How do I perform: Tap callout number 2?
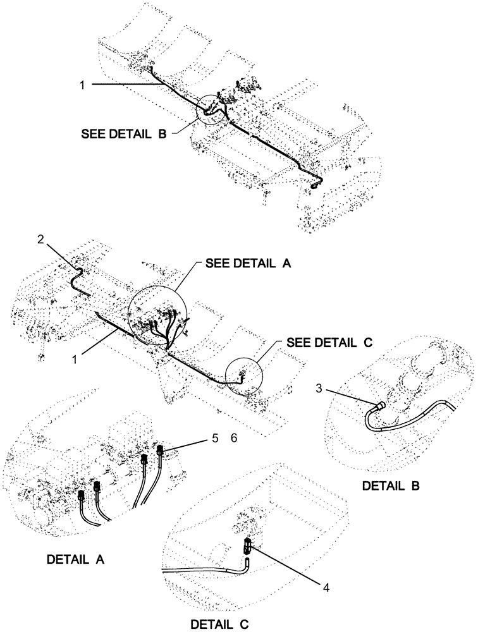(40, 239)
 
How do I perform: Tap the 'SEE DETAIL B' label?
(124, 135)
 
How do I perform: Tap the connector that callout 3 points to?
(381, 405)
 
